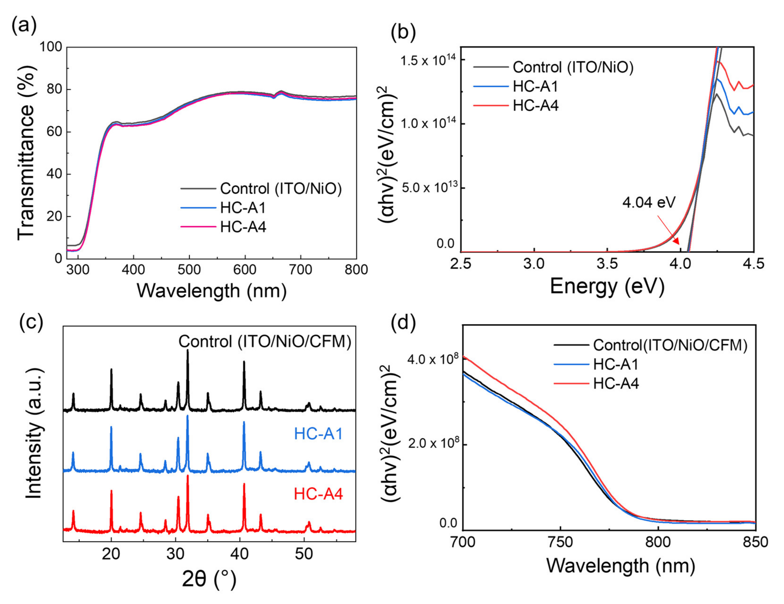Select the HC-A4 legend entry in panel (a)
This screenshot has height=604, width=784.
click(243, 227)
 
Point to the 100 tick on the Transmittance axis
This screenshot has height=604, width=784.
click(51, 47)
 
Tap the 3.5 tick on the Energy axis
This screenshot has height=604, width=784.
click(607, 264)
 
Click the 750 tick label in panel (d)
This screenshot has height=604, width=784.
click(560, 542)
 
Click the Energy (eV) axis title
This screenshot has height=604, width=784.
click(607, 287)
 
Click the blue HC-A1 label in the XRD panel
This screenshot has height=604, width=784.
click(318, 434)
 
